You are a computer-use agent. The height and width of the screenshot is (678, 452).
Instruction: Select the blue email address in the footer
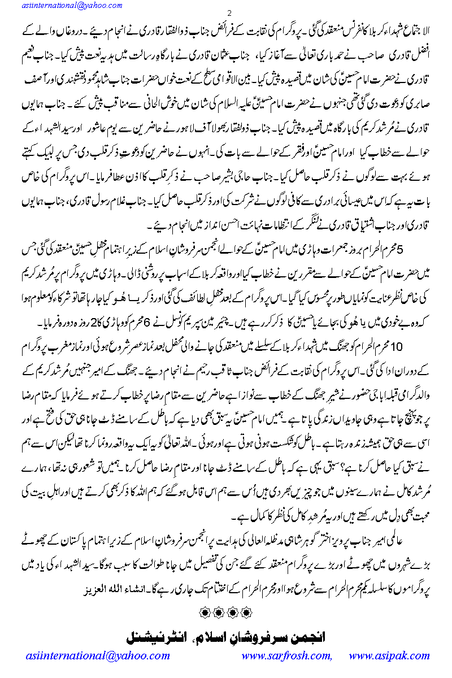click(98, 656)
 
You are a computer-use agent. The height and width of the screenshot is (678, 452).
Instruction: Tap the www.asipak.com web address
click(389, 656)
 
